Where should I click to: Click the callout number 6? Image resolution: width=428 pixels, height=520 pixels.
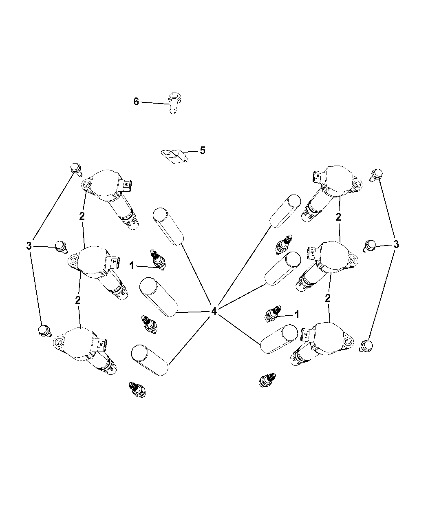pos(136,102)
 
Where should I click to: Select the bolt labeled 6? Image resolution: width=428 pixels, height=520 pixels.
pos(174,103)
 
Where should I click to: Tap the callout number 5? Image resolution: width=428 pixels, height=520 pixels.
pos(203,150)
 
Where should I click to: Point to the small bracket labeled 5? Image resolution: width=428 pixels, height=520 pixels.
pos(174,156)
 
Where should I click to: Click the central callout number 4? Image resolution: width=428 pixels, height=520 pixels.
pos(214,311)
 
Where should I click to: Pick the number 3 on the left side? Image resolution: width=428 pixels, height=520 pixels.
pos(29,246)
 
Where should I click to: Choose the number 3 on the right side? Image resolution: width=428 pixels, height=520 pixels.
pos(396,244)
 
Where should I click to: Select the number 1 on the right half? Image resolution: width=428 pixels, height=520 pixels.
pos(297,315)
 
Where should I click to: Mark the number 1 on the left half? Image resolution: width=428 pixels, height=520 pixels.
pos(132,266)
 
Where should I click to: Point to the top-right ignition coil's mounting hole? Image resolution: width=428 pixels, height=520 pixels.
pos(356,184)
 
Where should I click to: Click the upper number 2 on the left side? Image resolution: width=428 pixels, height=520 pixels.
pos(82,216)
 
